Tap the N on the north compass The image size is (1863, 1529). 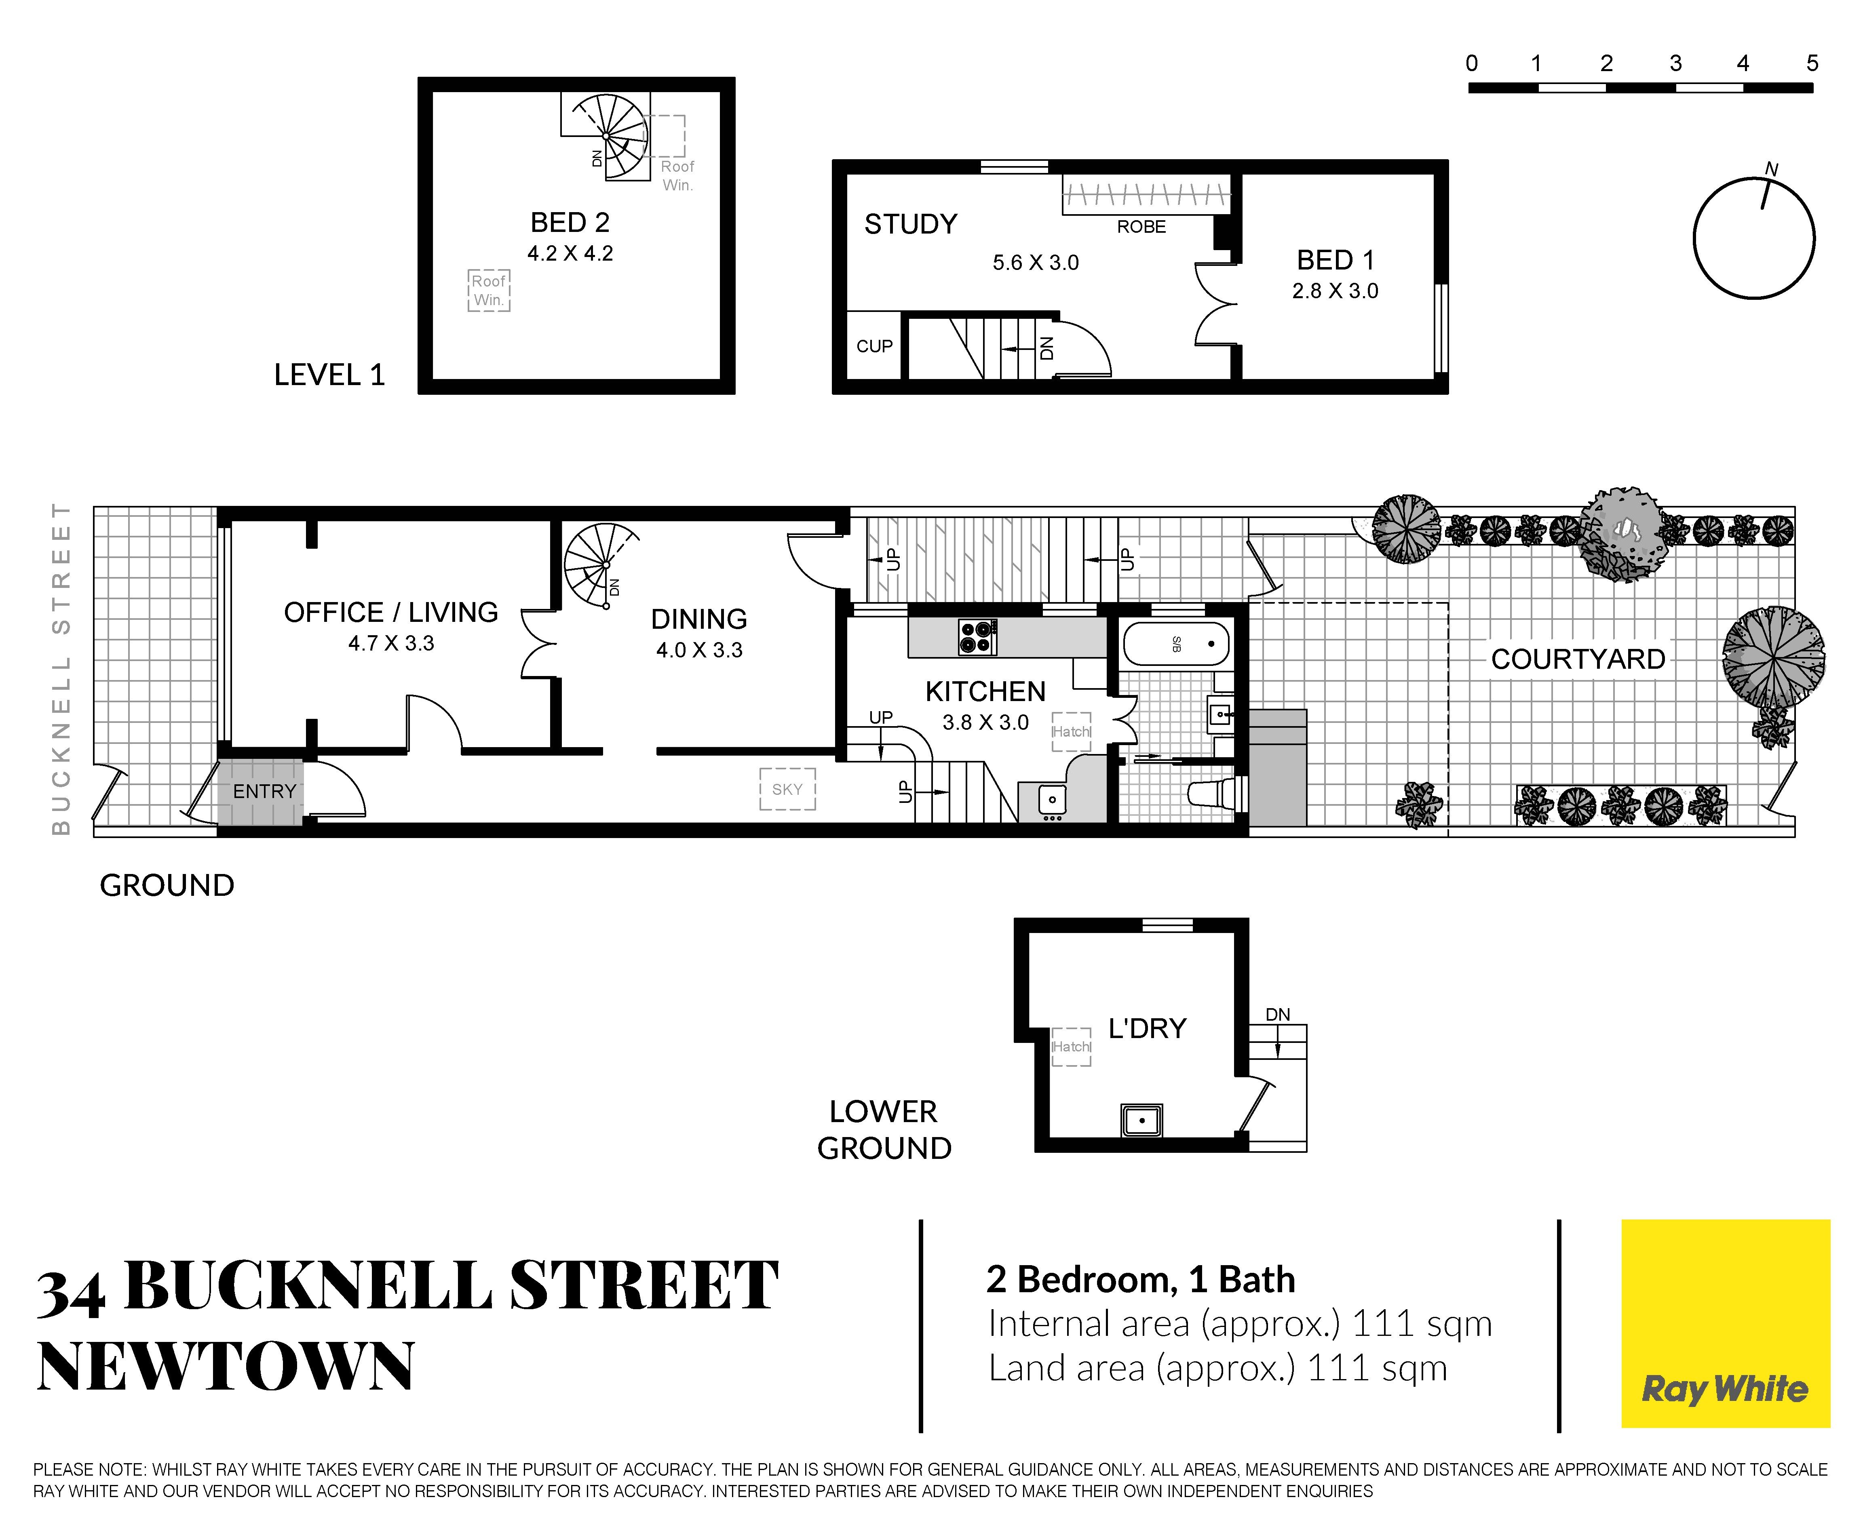(x=1771, y=169)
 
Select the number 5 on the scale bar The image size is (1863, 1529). (x=1812, y=63)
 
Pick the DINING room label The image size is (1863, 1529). (x=698, y=619)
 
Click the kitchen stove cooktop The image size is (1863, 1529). (x=978, y=638)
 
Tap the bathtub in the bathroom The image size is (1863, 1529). (x=1176, y=644)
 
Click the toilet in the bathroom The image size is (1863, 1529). (x=1216, y=793)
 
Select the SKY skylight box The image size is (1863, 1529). (x=787, y=789)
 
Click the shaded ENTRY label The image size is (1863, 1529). (x=264, y=792)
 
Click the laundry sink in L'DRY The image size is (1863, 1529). (x=1141, y=1120)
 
